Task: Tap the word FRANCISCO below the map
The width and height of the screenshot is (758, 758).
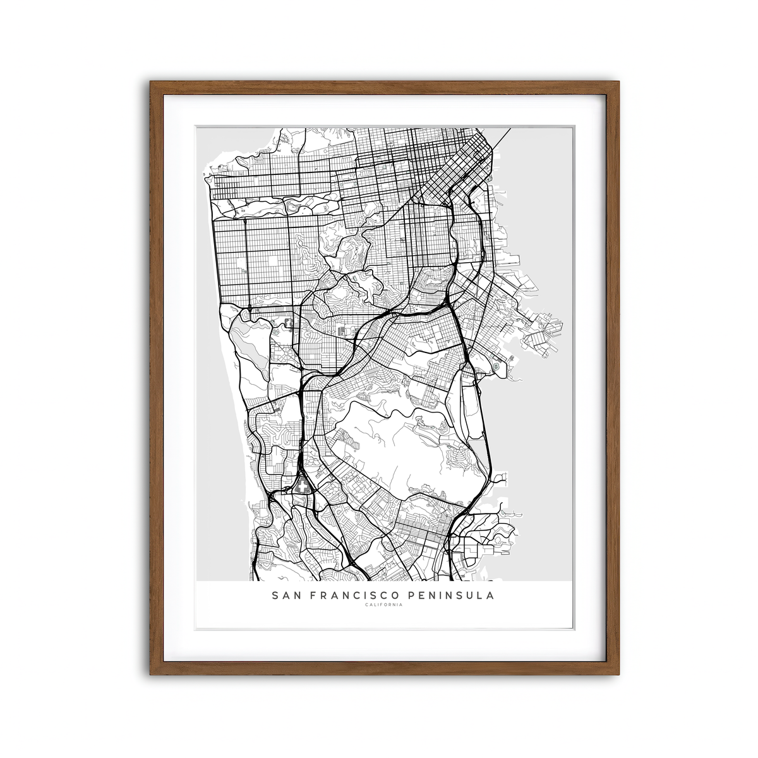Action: [356, 595]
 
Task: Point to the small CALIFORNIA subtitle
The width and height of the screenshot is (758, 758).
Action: [383, 605]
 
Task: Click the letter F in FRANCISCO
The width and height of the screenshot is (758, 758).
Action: [316, 595]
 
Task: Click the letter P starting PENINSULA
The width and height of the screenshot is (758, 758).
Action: [412, 595]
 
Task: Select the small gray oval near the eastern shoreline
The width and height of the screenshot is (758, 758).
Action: [496, 365]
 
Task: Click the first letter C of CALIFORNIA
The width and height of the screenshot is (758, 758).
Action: [366, 605]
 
